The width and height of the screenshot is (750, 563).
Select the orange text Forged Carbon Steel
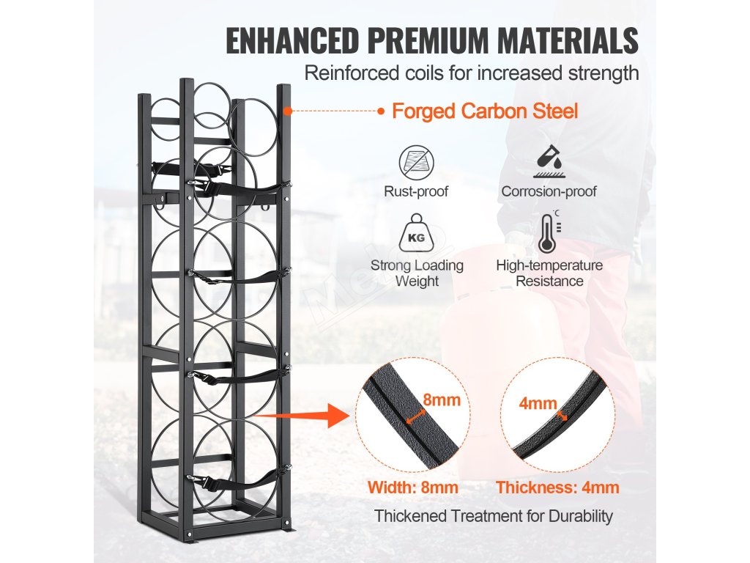click(485, 111)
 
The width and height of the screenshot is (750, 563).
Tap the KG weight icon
click(417, 236)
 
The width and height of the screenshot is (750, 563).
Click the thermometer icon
click(548, 234)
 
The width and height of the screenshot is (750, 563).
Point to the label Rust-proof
click(417, 192)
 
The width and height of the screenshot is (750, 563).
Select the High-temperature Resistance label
click(549, 273)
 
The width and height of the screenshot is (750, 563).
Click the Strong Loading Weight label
click(417, 273)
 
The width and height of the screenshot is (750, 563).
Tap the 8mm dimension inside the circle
click(442, 400)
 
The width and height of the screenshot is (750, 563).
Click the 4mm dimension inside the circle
click(538, 403)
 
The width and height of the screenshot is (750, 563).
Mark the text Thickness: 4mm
click(557, 487)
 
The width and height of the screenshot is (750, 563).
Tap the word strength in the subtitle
click(606, 73)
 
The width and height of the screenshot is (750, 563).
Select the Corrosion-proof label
click(549, 192)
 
